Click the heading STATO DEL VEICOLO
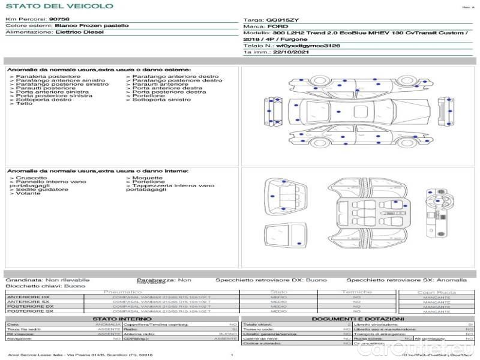[59, 6]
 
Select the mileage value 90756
[59, 19]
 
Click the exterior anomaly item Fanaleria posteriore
[47, 77]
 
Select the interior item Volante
[28, 194]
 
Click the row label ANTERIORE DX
[28, 297]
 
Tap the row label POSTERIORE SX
[28, 311]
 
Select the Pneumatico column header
[122, 292]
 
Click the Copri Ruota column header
[436, 292]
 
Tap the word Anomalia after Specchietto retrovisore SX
[451, 280]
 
